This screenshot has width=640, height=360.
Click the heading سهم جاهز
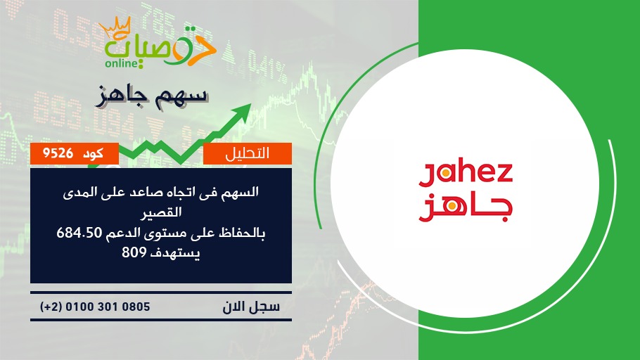[152, 97]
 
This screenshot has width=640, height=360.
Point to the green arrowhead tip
[250, 104]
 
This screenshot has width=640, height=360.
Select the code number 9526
[58, 153]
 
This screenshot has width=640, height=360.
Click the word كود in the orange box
[93, 153]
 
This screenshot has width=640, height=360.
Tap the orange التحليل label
[248, 153]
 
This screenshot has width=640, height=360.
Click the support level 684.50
[79, 233]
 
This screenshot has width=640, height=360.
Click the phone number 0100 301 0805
[108, 307]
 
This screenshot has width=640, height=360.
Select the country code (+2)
[51, 307]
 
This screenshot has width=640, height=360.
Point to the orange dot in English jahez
[446, 174]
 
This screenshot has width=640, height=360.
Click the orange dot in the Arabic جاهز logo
[452, 206]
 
